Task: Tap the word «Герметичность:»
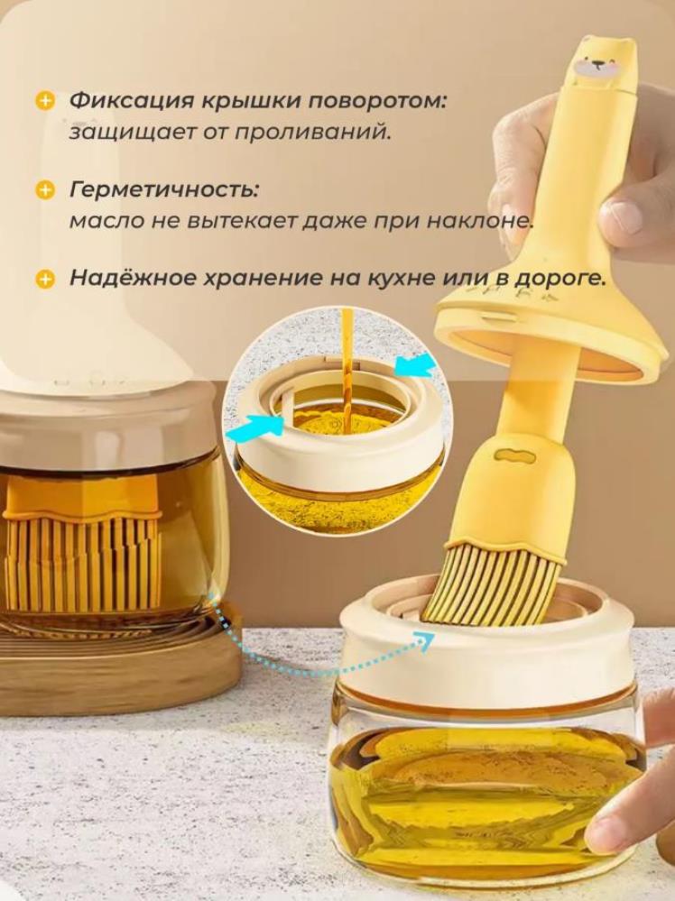tap(164, 190)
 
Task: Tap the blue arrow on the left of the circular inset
tap(257, 426)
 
